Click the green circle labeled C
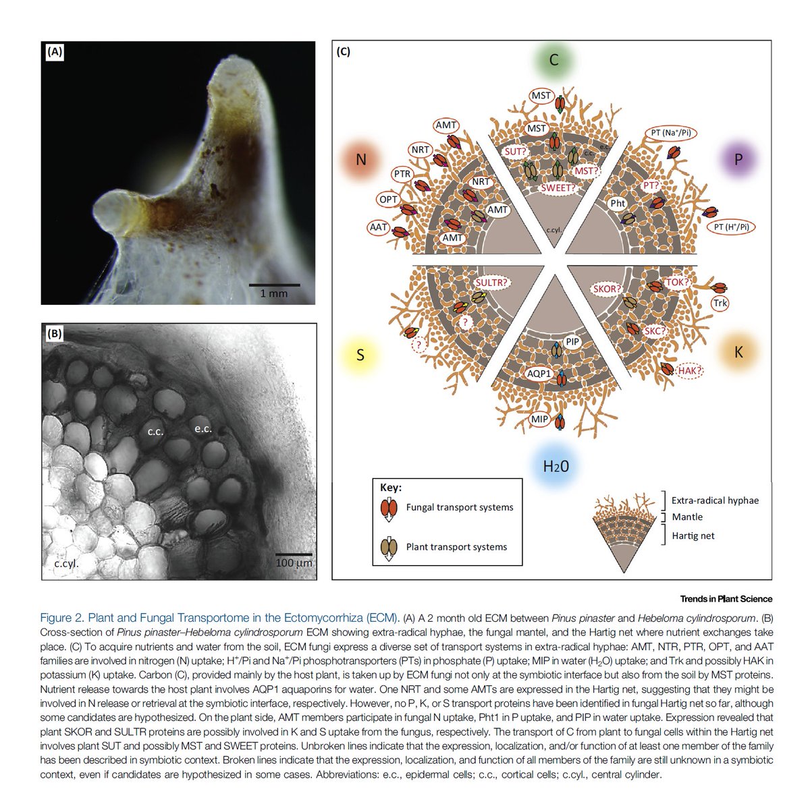coord(553,60)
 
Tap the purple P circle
coord(738,159)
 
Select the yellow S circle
coord(360,355)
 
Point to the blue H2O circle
coord(556,465)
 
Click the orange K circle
coord(738,351)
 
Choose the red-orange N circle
coord(361,160)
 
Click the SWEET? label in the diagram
coord(558,188)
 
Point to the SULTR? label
coord(491,283)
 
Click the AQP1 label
coord(539,373)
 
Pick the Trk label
coord(720,304)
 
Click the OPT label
coord(388,200)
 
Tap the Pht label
coord(618,203)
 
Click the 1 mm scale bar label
coord(273,293)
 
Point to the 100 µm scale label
coord(294,562)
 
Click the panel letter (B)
coord(55,332)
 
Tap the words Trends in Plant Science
coord(726,599)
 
